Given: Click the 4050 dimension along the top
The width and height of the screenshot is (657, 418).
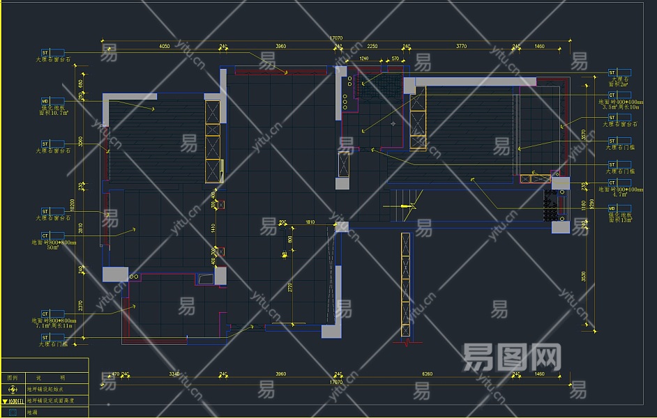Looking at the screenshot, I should [x=165, y=47].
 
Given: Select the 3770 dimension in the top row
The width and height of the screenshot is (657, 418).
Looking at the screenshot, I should [x=461, y=47].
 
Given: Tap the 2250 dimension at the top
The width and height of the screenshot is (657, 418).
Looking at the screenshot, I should [x=372, y=47].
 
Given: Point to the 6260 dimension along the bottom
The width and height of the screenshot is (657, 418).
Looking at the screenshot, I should [x=427, y=374].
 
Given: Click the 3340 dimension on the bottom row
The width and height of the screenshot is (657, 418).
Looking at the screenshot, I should [x=174, y=374].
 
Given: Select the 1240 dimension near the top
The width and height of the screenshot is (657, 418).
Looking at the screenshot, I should [x=363, y=59].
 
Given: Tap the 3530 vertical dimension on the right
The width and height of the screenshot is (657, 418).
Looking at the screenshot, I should [x=583, y=277].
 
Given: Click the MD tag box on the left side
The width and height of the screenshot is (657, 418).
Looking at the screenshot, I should [x=46, y=100].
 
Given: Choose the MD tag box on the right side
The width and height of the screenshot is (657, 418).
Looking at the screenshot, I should [x=612, y=208].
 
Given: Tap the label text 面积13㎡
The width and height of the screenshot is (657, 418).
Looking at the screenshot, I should [x=618, y=222].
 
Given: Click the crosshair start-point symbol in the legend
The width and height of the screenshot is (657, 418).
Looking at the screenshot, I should [x=12, y=389].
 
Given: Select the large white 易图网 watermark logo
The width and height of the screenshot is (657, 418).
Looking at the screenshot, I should [x=512, y=358].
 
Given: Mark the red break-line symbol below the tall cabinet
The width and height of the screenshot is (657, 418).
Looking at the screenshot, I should [x=406, y=343].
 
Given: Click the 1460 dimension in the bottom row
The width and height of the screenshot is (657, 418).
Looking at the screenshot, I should [x=540, y=374].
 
